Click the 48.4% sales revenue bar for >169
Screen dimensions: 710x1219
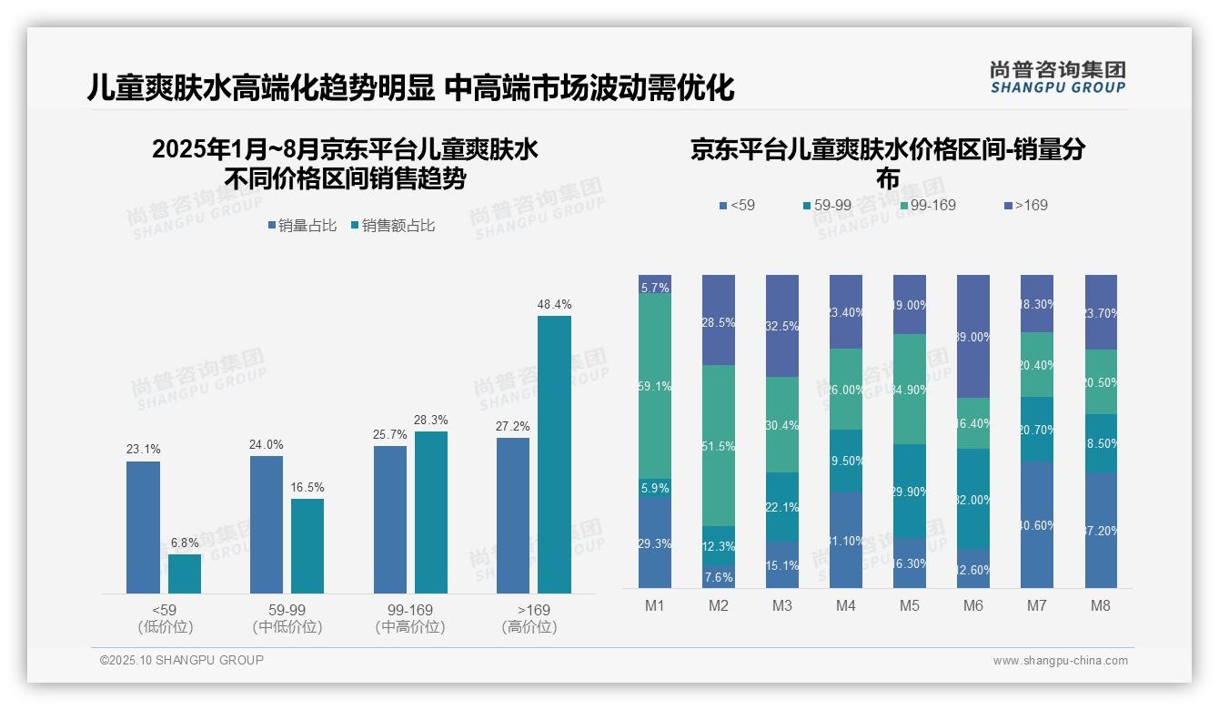554,454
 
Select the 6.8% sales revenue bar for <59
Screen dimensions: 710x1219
185,573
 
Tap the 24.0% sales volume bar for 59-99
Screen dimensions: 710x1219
266,524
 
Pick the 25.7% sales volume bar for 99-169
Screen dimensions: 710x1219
390,519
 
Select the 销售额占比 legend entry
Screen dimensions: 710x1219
392,226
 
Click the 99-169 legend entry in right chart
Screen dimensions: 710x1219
928,206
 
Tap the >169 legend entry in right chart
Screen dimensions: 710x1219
1026,206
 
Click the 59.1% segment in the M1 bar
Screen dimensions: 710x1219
655,386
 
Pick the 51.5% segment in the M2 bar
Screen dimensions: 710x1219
719,445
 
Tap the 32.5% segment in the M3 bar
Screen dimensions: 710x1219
782,326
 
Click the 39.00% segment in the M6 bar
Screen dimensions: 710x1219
972,336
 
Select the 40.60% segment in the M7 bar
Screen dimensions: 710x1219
1036,524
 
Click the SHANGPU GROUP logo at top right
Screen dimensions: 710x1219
1057,77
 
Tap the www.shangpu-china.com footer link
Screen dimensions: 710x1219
1060,661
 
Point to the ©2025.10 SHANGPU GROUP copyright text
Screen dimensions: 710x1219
182,660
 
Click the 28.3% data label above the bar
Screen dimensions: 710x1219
431,421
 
